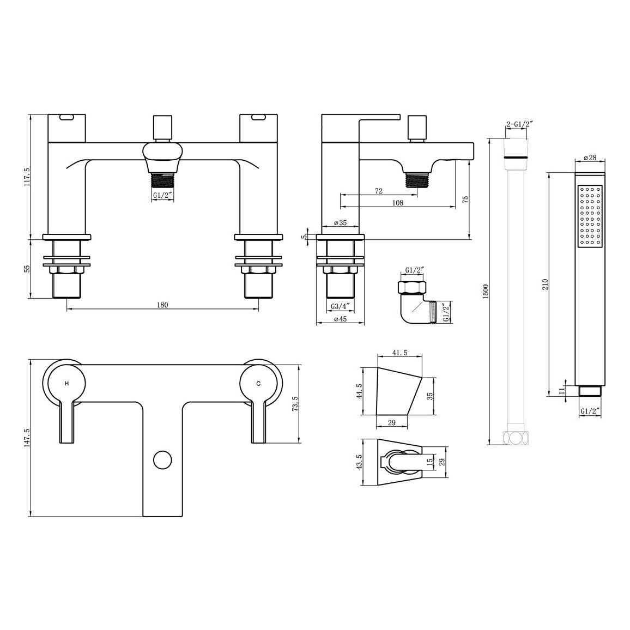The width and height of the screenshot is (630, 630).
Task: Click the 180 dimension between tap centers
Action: [162, 305]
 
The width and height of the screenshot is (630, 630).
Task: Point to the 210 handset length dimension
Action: [545, 285]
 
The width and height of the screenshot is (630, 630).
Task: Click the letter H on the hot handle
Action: [66, 384]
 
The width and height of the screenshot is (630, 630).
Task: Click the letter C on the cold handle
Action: [258, 384]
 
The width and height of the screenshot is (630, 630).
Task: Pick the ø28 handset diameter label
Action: [590, 157]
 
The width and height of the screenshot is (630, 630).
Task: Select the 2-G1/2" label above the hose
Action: [519, 124]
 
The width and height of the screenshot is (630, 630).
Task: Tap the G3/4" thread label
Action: [341, 306]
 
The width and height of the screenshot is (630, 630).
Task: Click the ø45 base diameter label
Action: [340, 319]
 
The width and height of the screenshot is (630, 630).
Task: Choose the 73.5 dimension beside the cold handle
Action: [295, 404]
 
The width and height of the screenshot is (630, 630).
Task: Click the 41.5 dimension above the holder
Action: [399, 353]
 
